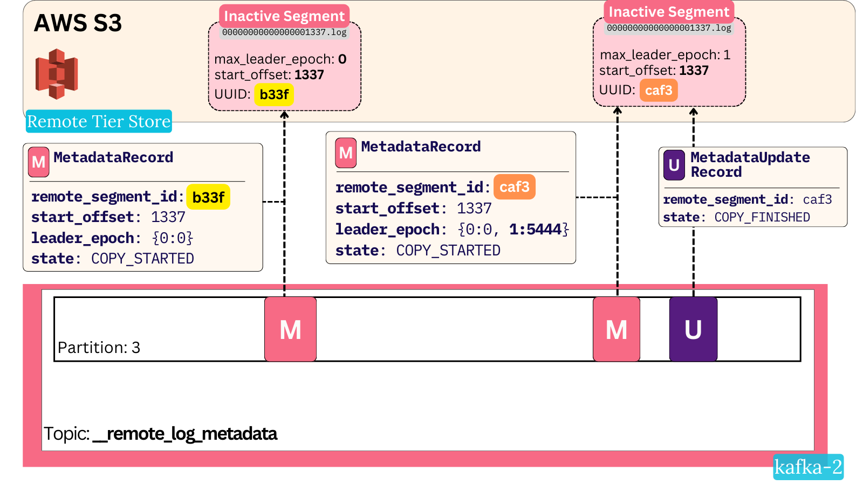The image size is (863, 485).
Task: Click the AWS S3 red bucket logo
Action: [x=57, y=74]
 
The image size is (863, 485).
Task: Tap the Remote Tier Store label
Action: [x=99, y=121]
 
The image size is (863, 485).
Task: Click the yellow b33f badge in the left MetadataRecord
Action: [x=208, y=197]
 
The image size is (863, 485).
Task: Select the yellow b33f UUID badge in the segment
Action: [x=274, y=95]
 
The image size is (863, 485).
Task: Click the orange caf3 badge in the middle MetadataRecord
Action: [x=514, y=187]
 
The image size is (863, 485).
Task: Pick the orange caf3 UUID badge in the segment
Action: [x=658, y=90]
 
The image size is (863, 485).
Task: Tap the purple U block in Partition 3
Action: [x=693, y=329]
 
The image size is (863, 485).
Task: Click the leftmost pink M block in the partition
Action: [x=290, y=329]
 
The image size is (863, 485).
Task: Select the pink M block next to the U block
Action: [x=616, y=329]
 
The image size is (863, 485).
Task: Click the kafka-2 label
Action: [x=808, y=467]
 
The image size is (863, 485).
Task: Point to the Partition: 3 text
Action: [x=99, y=348]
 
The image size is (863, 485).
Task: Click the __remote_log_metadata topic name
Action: [x=185, y=434]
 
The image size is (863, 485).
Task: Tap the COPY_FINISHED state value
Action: [x=762, y=217]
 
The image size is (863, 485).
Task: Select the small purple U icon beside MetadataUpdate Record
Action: [x=674, y=165]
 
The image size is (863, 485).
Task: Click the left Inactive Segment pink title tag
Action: [x=284, y=16]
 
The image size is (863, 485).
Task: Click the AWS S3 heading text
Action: [x=78, y=23]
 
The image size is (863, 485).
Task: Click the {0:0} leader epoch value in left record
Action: [x=173, y=238]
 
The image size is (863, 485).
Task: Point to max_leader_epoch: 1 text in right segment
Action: [x=665, y=55]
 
